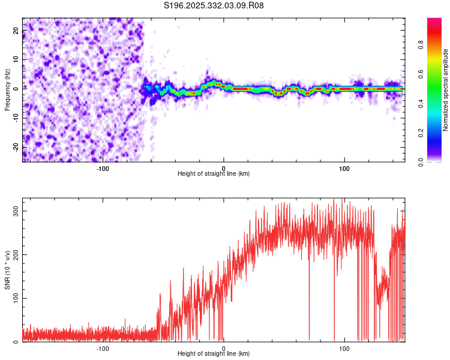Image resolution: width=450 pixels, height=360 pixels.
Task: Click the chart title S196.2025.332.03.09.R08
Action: pos(214,6)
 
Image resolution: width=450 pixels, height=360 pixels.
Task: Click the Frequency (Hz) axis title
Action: pos(7,89)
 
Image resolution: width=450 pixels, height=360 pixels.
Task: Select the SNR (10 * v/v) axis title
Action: pos(7,269)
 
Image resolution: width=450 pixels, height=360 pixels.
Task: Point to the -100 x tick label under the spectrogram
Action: pos(103,168)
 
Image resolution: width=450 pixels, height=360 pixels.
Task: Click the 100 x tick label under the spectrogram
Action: pos(344,168)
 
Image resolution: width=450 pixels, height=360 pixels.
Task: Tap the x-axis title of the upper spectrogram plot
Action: pos(214,174)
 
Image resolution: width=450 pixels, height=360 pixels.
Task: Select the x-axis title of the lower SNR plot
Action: pos(214,354)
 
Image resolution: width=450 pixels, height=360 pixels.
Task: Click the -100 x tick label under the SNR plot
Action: pos(103,348)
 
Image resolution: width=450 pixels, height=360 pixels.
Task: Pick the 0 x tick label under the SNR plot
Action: pos(224,348)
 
